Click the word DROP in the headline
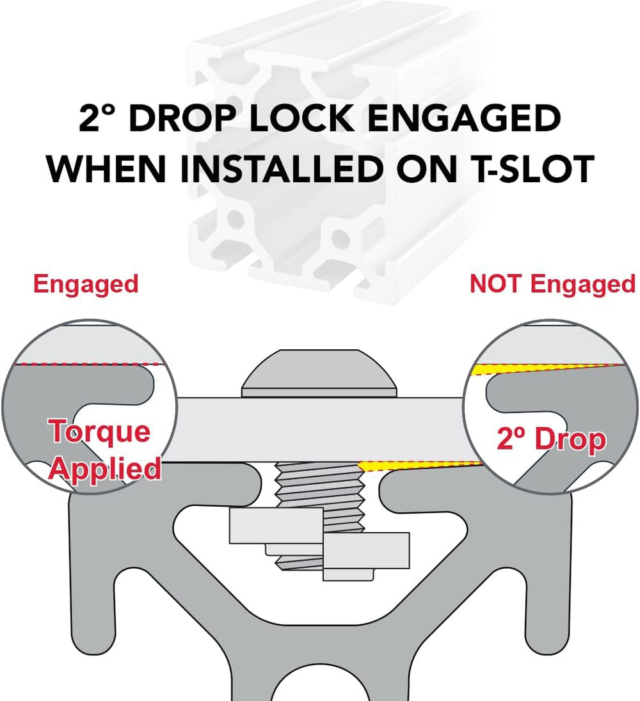[x=182, y=118]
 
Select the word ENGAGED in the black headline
[x=464, y=118]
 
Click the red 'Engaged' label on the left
[x=86, y=285]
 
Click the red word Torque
[x=99, y=432]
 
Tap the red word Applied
[x=105, y=469]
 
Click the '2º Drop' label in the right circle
[x=552, y=439]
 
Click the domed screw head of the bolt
[x=319, y=373]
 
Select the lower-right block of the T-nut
[x=366, y=550]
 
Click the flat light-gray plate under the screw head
[x=319, y=429]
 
